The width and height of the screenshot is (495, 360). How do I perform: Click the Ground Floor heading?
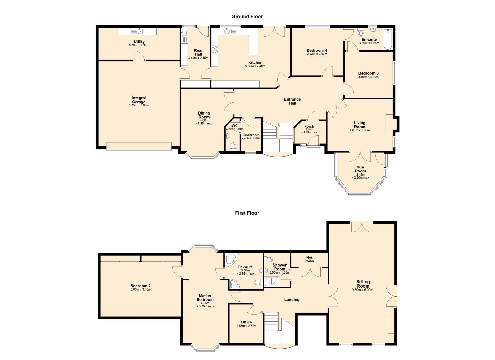pos(247,16)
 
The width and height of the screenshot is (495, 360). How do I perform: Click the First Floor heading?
pos(247,213)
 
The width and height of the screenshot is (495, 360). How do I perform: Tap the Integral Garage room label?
pos(139,100)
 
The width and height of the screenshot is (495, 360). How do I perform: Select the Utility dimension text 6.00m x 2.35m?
pos(139,45)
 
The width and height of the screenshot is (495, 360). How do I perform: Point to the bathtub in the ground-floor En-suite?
pos(388,39)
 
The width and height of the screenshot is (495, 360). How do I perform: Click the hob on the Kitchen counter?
pos(215,49)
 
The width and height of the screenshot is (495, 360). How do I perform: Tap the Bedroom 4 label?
pos(317,50)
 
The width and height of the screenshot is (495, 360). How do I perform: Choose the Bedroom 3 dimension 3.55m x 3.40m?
pos(368,77)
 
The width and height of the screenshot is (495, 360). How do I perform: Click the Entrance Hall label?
pos(292,101)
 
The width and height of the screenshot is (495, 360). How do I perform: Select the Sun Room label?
pos(360,169)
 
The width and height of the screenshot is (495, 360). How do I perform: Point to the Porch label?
pos(309,126)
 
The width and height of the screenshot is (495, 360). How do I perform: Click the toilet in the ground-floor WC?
pos(233,146)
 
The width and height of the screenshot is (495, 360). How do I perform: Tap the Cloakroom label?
pos(250,135)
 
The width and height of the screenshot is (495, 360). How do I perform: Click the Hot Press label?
pos(309,259)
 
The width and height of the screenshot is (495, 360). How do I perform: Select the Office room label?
pos(246,322)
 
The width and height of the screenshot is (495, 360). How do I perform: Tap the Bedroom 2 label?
pos(140,286)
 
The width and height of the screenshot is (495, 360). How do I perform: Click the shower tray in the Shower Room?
pos(272,281)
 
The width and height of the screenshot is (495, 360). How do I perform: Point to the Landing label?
pos(292,300)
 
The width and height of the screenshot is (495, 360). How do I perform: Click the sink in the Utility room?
pos(140,31)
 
